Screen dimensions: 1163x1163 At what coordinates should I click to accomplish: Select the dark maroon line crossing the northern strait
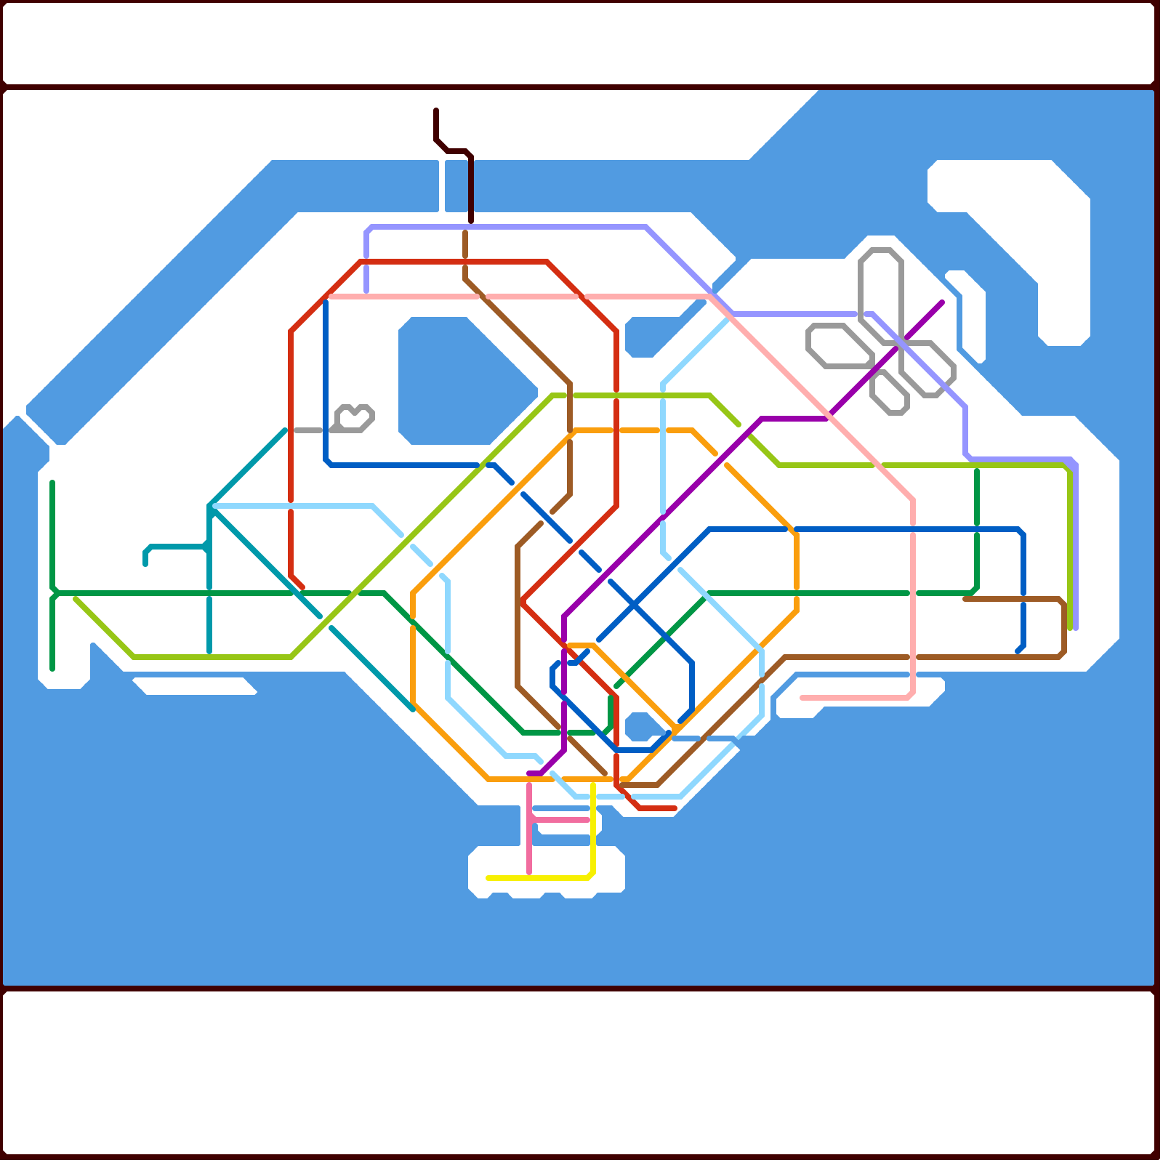click(471, 189)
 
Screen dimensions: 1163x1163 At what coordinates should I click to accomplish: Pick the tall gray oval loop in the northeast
click(880, 291)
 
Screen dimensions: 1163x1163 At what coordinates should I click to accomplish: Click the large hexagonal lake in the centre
click(465, 382)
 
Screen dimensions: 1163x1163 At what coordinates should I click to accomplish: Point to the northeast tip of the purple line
click(942, 302)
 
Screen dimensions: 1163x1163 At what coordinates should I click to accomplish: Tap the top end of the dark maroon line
click(436, 110)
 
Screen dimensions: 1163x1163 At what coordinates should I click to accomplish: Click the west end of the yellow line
click(488, 878)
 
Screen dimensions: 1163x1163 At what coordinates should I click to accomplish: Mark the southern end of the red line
click(675, 808)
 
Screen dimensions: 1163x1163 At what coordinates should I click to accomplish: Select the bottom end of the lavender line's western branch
click(366, 291)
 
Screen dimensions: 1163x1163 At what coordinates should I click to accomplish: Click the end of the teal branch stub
click(145, 563)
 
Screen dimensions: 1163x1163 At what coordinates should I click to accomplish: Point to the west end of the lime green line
click(76, 599)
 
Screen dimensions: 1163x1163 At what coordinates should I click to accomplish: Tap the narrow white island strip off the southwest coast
click(195, 685)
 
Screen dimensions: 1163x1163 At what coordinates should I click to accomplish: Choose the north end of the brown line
click(465, 233)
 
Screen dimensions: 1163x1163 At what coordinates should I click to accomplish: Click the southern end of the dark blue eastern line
click(1018, 651)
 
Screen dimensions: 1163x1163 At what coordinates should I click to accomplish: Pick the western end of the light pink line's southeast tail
click(802, 698)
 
